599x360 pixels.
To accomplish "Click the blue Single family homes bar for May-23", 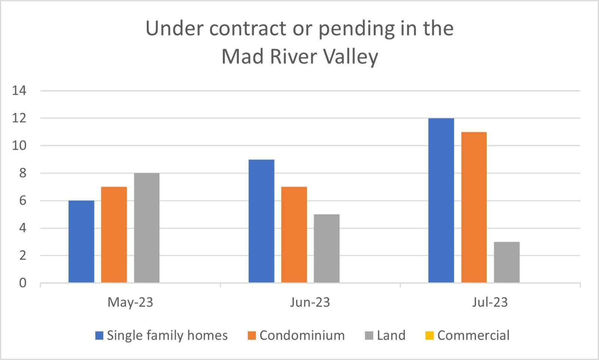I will click(x=81, y=242).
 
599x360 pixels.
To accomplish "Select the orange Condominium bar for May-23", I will click(x=114, y=235).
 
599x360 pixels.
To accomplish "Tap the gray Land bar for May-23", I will click(x=147, y=228).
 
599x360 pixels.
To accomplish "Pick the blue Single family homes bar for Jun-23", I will click(x=261, y=221).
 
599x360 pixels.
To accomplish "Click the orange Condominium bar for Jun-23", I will click(x=294, y=235).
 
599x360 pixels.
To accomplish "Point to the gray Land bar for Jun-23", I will click(x=326, y=248).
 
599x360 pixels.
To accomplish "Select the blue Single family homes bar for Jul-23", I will click(x=441, y=200).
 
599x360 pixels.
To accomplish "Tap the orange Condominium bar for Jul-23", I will click(x=474, y=207).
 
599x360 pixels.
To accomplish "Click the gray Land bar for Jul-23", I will click(x=507, y=262).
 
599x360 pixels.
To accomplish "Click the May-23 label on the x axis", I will click(x=130, y=302).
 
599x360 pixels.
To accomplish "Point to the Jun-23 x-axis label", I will click(x=310, y=302).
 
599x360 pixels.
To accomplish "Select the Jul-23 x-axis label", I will click(x=490, y=302).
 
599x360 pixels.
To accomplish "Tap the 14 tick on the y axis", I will click(x=19, y=90).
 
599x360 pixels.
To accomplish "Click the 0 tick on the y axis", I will click(x=23, y=283).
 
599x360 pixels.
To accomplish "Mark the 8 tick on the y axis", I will click(x=23, y=173).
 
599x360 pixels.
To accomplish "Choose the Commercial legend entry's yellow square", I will click(x=429, y=336).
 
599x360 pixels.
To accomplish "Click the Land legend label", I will click(x=391, y=335).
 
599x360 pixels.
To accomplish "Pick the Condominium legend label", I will click(x=302, y=335).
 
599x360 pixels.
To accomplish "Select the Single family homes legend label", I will click(x=167, y=335).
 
